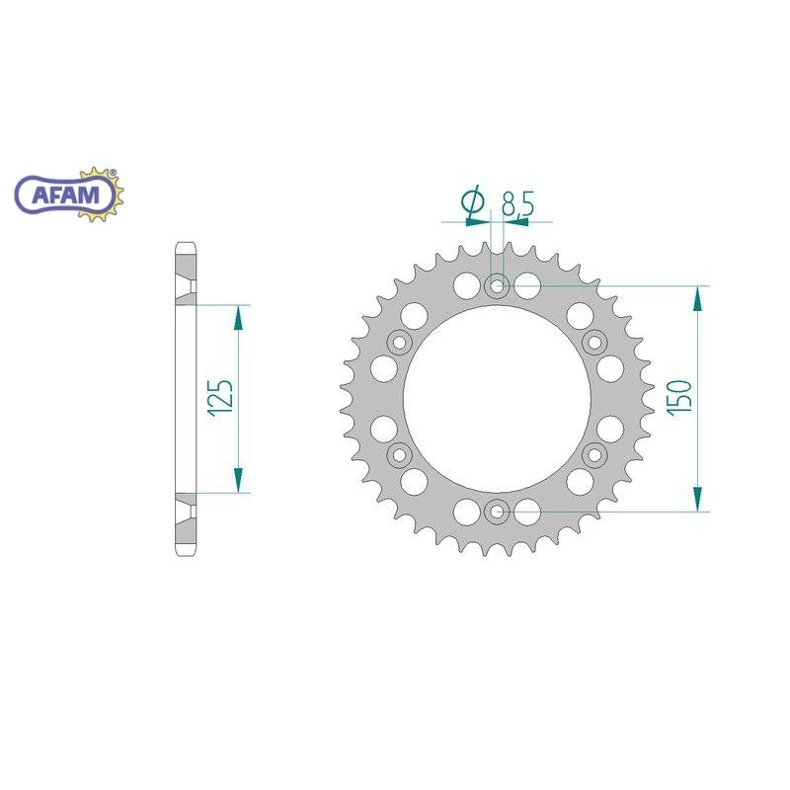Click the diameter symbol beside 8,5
(472, 202)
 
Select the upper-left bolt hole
(400, 343)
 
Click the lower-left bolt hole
(400, 454)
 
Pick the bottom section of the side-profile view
(186, 523)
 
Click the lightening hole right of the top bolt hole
(527, 287)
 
